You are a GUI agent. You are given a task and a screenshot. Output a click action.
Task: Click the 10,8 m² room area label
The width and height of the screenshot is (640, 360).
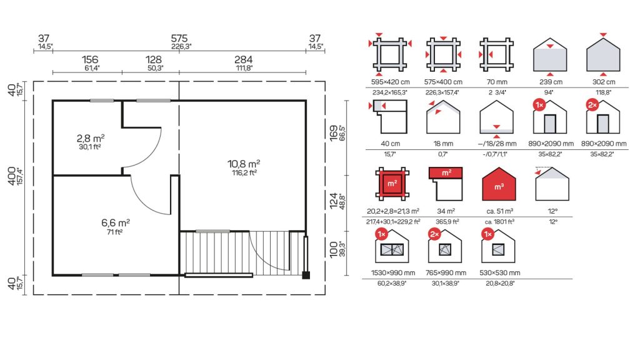point(244,164)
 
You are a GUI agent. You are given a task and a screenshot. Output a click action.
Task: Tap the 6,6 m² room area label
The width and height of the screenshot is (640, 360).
point(116,223)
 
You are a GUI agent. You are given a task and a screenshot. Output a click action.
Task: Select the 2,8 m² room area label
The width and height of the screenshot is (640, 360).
point(90,138)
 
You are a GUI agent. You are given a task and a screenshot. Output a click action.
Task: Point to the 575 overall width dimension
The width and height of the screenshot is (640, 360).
point(179,38)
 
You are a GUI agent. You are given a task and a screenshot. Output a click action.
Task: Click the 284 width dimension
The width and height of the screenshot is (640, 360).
point(243,59)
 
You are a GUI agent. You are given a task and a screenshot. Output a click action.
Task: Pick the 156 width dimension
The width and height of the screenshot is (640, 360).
point(90,59)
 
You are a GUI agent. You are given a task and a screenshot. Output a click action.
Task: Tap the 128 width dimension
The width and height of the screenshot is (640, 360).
point(154,59)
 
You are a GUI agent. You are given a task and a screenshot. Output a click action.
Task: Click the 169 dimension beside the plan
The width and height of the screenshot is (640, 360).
point(334,134)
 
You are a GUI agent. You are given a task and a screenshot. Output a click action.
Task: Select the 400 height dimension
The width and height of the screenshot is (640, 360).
point(12,176)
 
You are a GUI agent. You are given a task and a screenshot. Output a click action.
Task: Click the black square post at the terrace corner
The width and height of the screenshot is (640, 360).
point(306,275)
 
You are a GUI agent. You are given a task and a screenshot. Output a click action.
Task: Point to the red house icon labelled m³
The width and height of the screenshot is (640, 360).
point(499,184)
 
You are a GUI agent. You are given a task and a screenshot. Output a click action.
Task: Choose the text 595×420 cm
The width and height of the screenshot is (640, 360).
point(390,82)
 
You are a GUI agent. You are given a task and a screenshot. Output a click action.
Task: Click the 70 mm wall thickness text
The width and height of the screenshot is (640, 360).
point(496,82)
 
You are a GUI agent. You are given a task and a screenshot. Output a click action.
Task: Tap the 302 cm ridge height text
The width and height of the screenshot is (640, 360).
point(604,82)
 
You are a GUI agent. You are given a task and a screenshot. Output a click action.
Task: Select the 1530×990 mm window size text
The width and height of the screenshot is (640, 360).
point(392,272)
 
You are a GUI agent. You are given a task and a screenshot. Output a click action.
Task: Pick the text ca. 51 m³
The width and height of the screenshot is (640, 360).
point(499,211)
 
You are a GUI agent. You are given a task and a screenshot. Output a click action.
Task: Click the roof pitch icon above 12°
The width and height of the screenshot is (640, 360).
point(552,184)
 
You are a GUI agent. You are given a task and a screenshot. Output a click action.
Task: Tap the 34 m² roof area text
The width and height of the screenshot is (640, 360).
point(446,211)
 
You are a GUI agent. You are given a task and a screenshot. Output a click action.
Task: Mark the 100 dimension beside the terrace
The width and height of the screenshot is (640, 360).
point(334,249)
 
